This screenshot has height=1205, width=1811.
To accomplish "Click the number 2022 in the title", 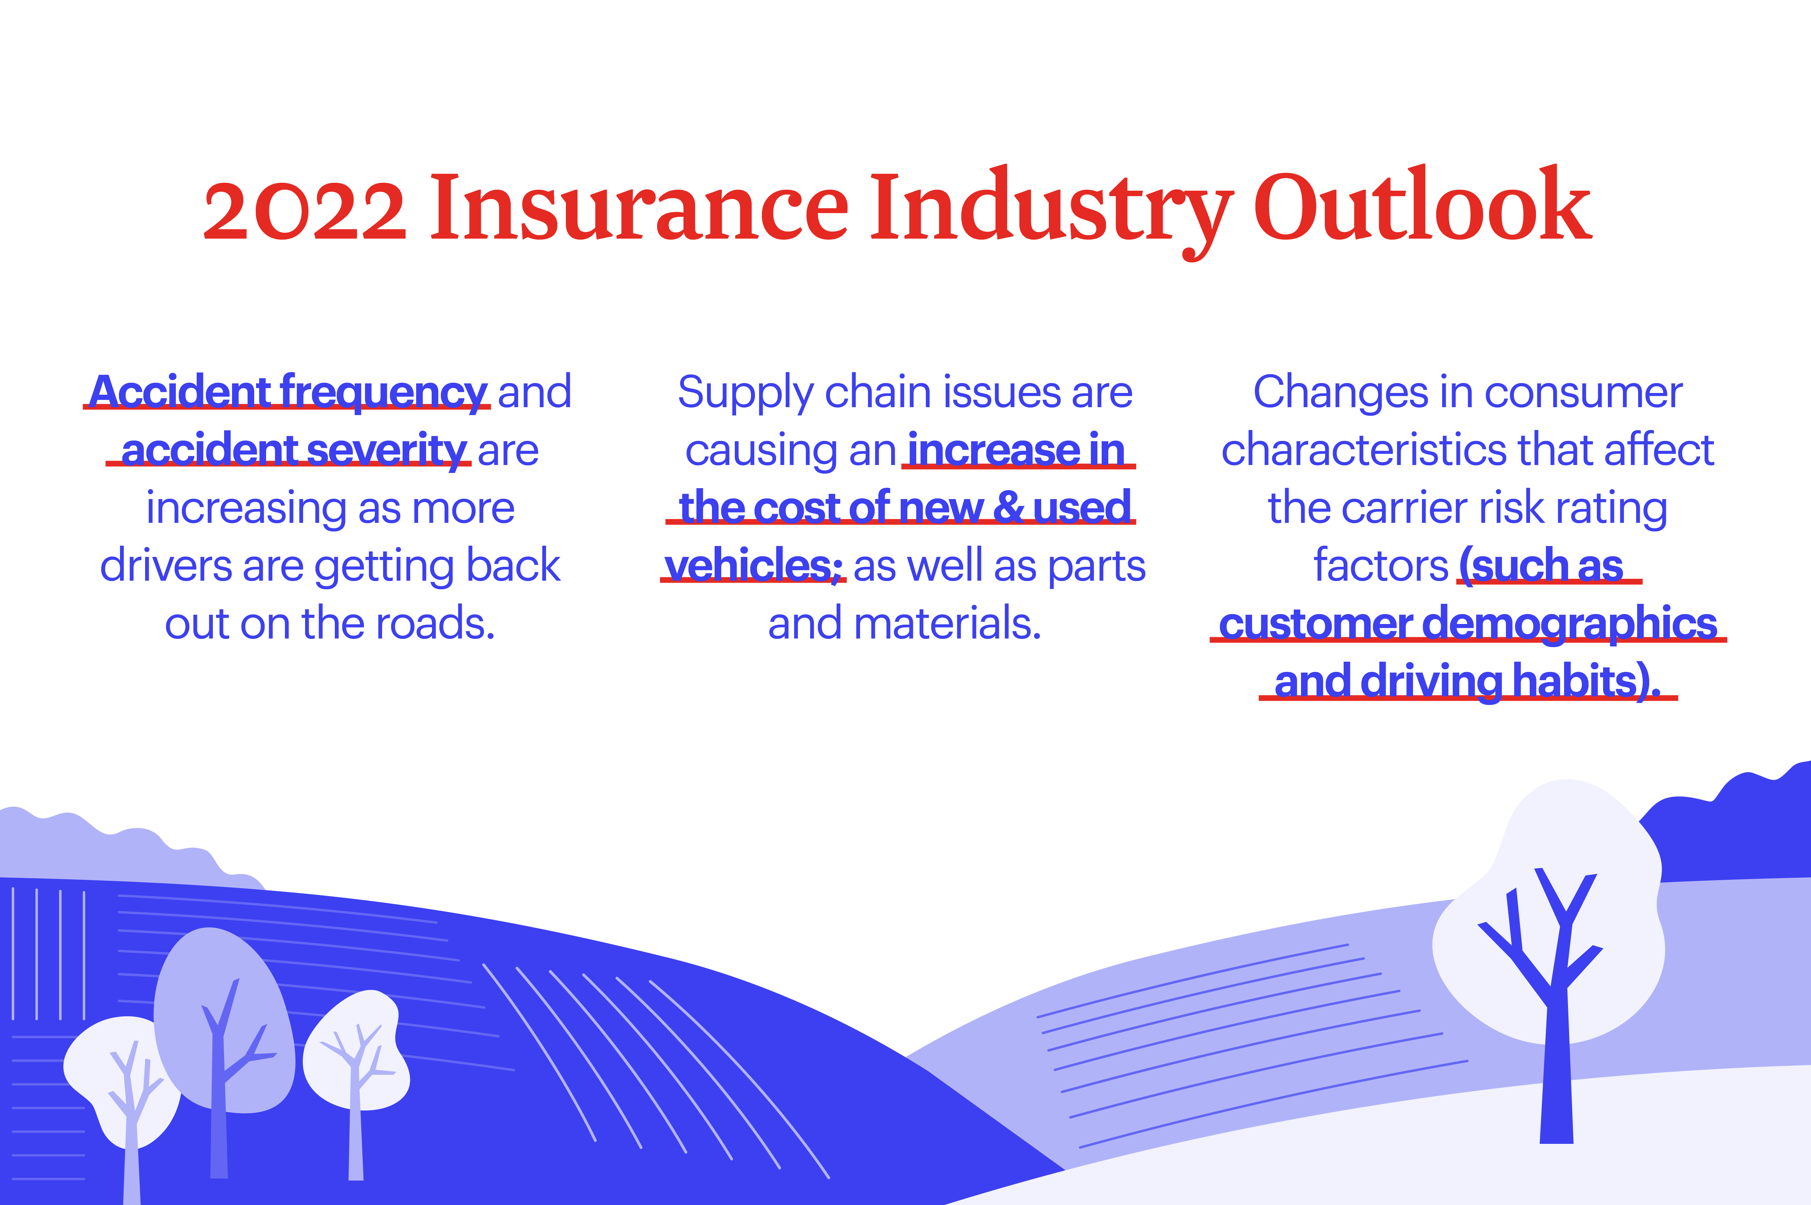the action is [305, 208].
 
